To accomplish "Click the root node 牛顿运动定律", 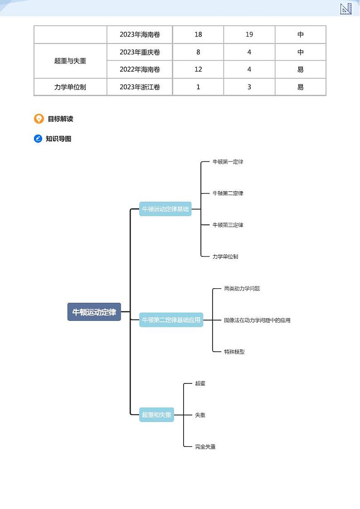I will click(94, 312).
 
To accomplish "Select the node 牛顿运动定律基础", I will click(165, 209).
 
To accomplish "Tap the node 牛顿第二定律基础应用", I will click(171, 320).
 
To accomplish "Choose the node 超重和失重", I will click(156, 415).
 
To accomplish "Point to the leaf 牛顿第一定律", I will click(228, 162).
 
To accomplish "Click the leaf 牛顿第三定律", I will click(228, 225).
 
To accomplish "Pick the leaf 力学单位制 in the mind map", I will click(225, 257).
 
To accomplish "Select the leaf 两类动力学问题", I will click(242, 288).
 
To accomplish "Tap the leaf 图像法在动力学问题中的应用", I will click(257, 320).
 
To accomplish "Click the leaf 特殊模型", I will click(234, 352).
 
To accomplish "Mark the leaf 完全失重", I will click(205, 447).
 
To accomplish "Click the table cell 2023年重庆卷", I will click(140, 52).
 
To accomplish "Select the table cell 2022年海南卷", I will click(140, 69).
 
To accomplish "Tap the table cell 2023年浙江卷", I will click(140, 87).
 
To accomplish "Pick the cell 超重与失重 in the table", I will click(70, 61).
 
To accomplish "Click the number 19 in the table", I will click(249, 34).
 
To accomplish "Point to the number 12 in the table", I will click(198, 69).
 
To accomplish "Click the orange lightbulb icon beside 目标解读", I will click(39, 119).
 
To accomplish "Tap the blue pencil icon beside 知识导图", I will click(39, 139).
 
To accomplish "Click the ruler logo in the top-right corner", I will click(346, 9).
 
